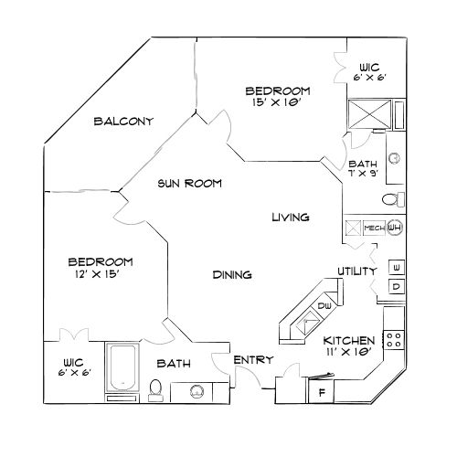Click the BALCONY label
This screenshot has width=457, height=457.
pyautogui.click(x=122, y=122)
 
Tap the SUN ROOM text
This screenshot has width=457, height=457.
pyautogui.click(x=188, y=183)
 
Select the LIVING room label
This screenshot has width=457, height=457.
pyautogui.click(x=290, y=218)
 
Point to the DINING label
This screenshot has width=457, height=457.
pyautogui.click(x=232, y=274)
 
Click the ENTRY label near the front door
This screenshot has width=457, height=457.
pyautogui.click(x=253, y=360)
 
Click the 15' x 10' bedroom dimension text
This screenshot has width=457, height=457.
pyautogui.click(x=278, y=103)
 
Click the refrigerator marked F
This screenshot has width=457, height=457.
pyautogui.click(x=321, y=393)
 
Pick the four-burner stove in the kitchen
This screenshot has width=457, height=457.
pyautogui.click(x=394, y=339)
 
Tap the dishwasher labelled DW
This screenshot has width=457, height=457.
pyautogui.click(x=324, y=306)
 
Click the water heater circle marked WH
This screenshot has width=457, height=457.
pyautogui.click(x=394, y=228)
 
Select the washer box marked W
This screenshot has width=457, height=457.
pyautogui.click(x=397, y=267)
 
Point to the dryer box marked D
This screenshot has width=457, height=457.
pyautogui.click(x=397, y=287)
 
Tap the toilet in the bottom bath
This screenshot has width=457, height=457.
pyautogui.click(x=155, y=389)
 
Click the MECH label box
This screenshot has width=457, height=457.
pyautogui.click(x=373, y=228)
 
